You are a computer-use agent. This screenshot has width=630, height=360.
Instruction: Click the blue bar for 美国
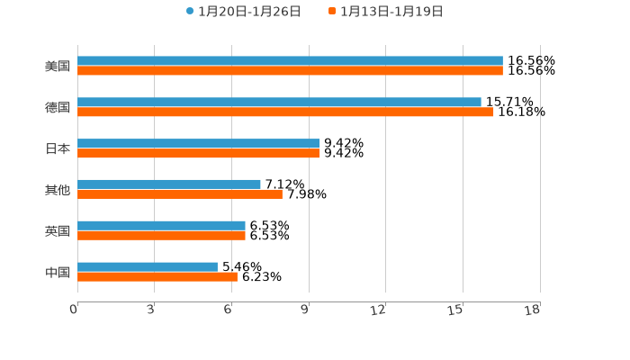tap(290, 61)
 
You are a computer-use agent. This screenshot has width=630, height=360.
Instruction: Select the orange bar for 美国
tap(290, 71)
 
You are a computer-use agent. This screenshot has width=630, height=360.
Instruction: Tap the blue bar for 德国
tap(279, 103)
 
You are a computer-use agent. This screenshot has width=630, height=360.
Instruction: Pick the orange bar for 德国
tap(285, 112)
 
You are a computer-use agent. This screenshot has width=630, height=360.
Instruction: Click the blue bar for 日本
tap(198, 144)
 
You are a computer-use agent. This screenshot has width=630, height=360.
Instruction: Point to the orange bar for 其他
tap(180, 194)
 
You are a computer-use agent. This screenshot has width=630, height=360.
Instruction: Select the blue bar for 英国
tap(161, 226)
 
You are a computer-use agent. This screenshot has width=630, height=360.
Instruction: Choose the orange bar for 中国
tap(157, 277)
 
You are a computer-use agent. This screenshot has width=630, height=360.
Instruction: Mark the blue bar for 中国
tap(148, 267)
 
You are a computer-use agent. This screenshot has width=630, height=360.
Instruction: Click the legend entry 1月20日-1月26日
tap(243, 12)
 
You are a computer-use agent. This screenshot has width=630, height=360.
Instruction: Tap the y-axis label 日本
tap(58, 149)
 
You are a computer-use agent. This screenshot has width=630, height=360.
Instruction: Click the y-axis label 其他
tap(58, 190)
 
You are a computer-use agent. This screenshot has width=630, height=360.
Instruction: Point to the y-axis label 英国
tap(58, 231)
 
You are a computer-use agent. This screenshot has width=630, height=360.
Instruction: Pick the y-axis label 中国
tap(58, 273)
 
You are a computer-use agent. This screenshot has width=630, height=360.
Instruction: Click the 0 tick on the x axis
tap(75, 310)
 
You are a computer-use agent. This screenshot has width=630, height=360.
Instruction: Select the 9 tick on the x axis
tap(306, 310)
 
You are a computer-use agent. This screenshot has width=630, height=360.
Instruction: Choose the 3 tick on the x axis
tap(151, 310)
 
